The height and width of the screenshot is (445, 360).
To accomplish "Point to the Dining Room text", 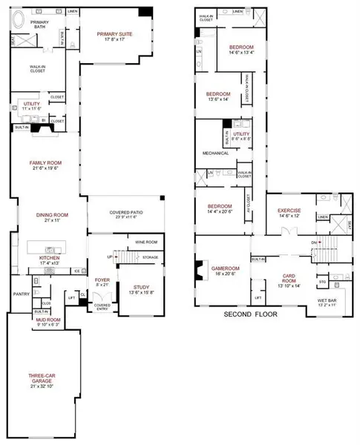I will coord(52,215).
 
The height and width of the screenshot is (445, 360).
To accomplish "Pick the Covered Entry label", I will coord(102,306).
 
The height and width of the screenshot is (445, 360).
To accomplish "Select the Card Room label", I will coord(289,280).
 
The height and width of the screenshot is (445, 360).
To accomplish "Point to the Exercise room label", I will coord(289,211).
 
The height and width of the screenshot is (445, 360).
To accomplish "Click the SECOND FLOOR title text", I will coord(251,314).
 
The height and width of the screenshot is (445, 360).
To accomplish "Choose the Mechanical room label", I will coord(215,154).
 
